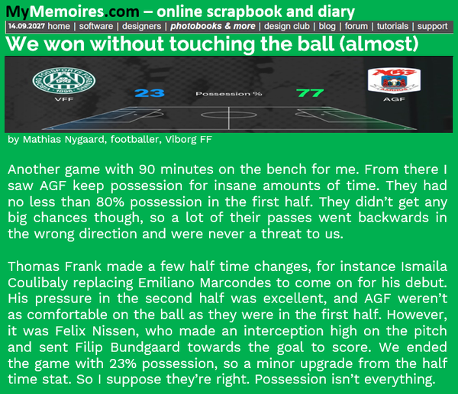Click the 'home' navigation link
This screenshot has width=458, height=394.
tap(59, 26)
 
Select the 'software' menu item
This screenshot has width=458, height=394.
tap(96, 26)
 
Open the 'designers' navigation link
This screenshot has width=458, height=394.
tap(141, 26)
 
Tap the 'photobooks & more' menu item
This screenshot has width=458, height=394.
tap(213, 26)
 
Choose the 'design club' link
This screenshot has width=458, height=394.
tap(286, 26)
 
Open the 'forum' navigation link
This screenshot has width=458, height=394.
tap(356, 26)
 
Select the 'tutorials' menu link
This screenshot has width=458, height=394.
tap(392, 26)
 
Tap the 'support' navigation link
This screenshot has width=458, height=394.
tap(432, 26)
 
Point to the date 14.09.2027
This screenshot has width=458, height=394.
tap(27, 26)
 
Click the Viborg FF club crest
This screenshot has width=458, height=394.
tap(64, 81)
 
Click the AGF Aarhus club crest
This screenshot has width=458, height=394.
tap(394, 80)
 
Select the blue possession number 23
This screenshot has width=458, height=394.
tap(150, 93)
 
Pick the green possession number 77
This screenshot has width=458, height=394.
tap(310, 93)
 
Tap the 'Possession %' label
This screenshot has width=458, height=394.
tap(229, 94)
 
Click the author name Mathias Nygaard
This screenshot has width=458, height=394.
tap(63, 140)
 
